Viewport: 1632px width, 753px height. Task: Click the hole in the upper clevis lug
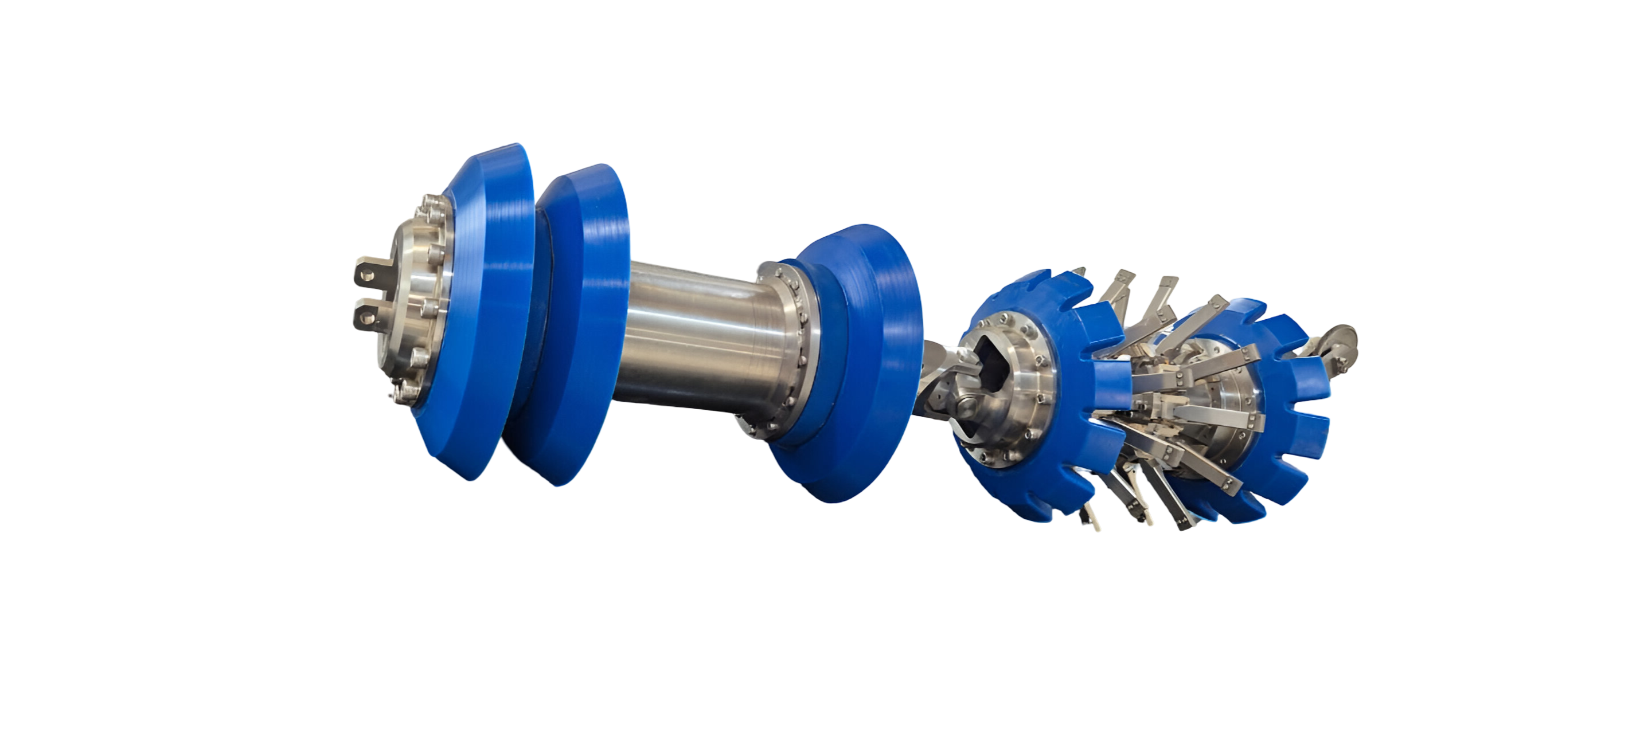(365, 274)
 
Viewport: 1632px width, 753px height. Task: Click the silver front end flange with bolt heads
(412, 304)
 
